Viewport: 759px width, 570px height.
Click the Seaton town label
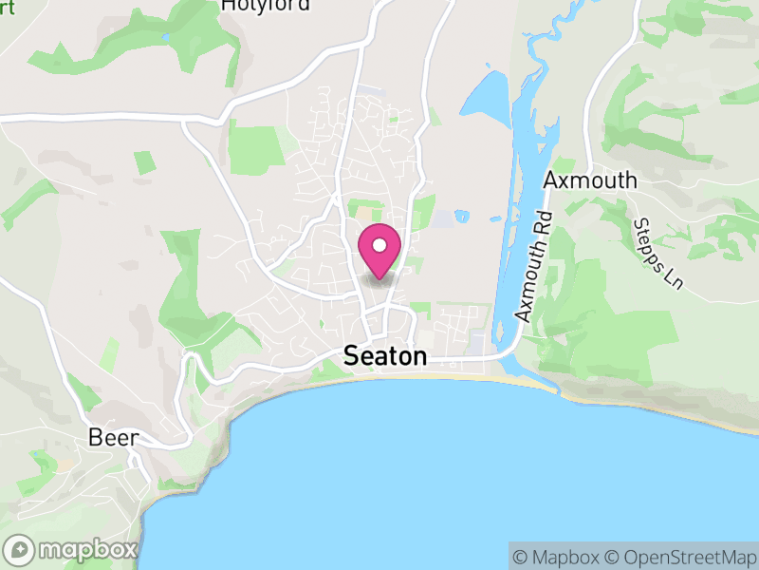pyautogui.click(x=385, y=356)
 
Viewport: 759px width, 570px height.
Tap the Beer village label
pyautogui.click(x=113, y=438)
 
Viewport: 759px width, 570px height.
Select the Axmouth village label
pyautogui.click(x=589, y=180)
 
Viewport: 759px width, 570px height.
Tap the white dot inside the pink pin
pyautogui.click(x=379, y=245)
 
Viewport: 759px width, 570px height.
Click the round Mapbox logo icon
pyautogui.click(x=20, y=549)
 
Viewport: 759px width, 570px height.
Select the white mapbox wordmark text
pyautogui.click(x=87, y=549)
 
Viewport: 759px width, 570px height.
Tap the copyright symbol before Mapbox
pyautogui.click(x=521, y=557)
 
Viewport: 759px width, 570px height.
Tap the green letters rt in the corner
pyautogui.click(x=8, y=4)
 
